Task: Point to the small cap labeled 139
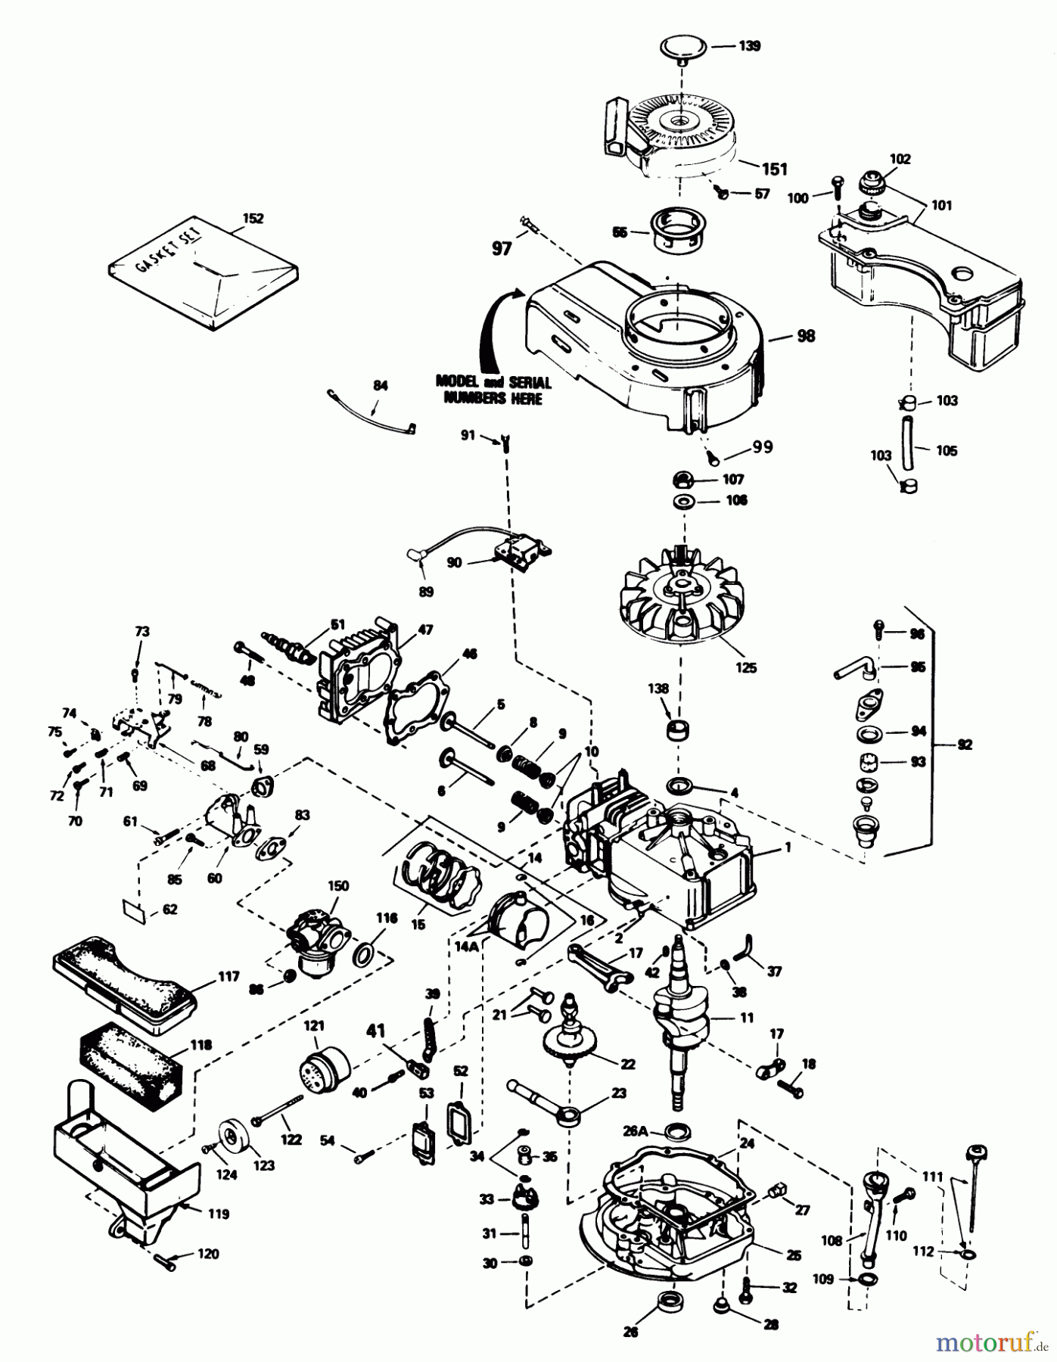681,48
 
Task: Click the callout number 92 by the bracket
964,745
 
